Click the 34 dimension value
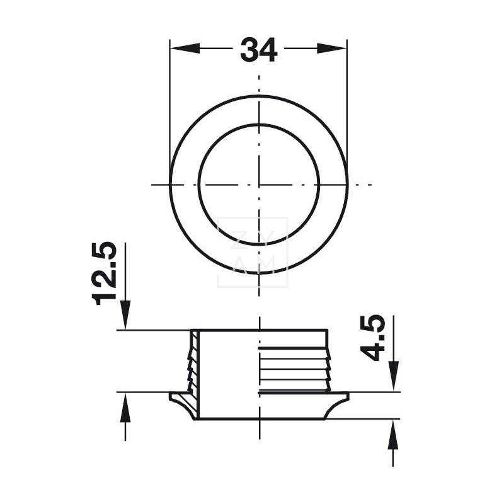(x=258, y=50)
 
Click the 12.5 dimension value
(x=104, y=273)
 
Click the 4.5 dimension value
(x=372, y=338)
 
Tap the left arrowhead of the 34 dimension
(x=185, y=49)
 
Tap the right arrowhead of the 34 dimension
(x=332, y=49)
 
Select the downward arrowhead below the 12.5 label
(x=125, y=315)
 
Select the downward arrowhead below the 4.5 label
(x=393, y=376)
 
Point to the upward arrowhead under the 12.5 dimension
(x=125, y=407)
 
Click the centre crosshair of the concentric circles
(x=259, y=185)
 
